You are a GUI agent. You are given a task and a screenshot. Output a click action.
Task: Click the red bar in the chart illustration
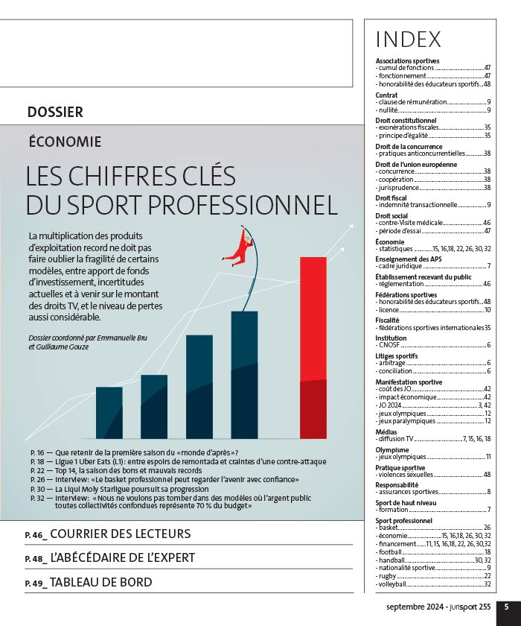coord(313,348)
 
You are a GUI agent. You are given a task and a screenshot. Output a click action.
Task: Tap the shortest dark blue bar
coord(109,413)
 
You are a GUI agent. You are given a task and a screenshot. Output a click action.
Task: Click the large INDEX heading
coord(408,39)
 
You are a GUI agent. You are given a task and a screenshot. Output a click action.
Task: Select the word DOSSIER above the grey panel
coord(55,113)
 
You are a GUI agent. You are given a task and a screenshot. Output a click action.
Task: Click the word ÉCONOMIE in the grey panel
coord(65,142)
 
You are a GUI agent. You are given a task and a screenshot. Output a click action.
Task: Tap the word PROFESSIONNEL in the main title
coord(243,205)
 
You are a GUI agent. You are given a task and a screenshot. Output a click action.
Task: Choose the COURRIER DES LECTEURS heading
coord(121,534)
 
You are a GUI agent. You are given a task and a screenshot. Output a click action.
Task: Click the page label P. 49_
coord(36,584)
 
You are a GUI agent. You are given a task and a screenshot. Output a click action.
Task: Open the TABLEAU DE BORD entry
coord(101,582)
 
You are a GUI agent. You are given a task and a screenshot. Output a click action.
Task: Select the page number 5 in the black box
coord(506,607)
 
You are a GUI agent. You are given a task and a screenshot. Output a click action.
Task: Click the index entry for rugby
coord(433,575)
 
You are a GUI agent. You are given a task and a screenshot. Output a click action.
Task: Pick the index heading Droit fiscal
coord(391,198)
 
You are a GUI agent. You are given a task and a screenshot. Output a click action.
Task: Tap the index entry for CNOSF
coord(433,345)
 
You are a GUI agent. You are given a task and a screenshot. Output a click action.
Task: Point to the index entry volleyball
coord(433,584)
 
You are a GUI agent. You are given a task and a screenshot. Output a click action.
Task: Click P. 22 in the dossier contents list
coord(37,471)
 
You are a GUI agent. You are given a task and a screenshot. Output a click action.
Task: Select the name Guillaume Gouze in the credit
coord(63,347)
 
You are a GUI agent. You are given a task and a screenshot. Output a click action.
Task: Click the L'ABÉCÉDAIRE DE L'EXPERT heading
coord(123,557)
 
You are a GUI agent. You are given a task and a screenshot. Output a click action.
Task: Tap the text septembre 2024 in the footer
coord(415,607)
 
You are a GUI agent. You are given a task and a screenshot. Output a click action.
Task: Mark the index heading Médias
coord(386,432)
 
